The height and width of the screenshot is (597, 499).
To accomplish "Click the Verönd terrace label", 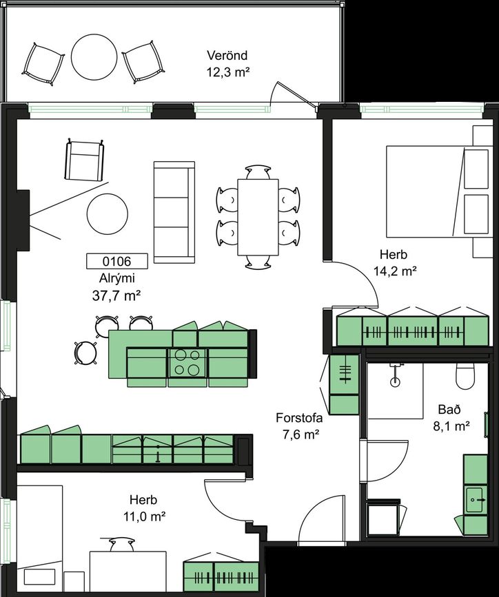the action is pos(227,56).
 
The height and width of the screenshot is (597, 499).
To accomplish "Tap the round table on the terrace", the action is pos(94,56).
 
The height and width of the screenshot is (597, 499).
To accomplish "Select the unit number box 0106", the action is pos(117,261).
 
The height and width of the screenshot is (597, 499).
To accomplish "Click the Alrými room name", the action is pos(117,278).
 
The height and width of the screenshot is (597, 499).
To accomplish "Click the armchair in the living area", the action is pos(85,160).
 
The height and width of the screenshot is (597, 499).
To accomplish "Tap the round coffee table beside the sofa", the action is pos(108,213).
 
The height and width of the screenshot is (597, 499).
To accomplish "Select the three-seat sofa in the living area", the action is pos(174,212).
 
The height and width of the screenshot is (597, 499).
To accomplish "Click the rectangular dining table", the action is pos(258,217).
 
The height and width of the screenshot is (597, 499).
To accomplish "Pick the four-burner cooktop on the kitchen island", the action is pos(187,363).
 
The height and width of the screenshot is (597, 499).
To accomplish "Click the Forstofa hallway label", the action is pos(299,418).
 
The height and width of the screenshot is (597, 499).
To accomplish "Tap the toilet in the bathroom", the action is pos(465,376).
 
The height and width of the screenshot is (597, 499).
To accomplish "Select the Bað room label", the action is pos(449,409).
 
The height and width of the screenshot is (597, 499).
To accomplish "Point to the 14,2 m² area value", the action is pos(394,271).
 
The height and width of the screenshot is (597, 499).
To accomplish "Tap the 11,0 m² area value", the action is pos(144,516).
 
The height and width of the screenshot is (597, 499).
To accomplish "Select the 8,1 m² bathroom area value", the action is pos(451,426).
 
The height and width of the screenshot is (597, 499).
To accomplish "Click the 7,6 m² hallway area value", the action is pos(301,434).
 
